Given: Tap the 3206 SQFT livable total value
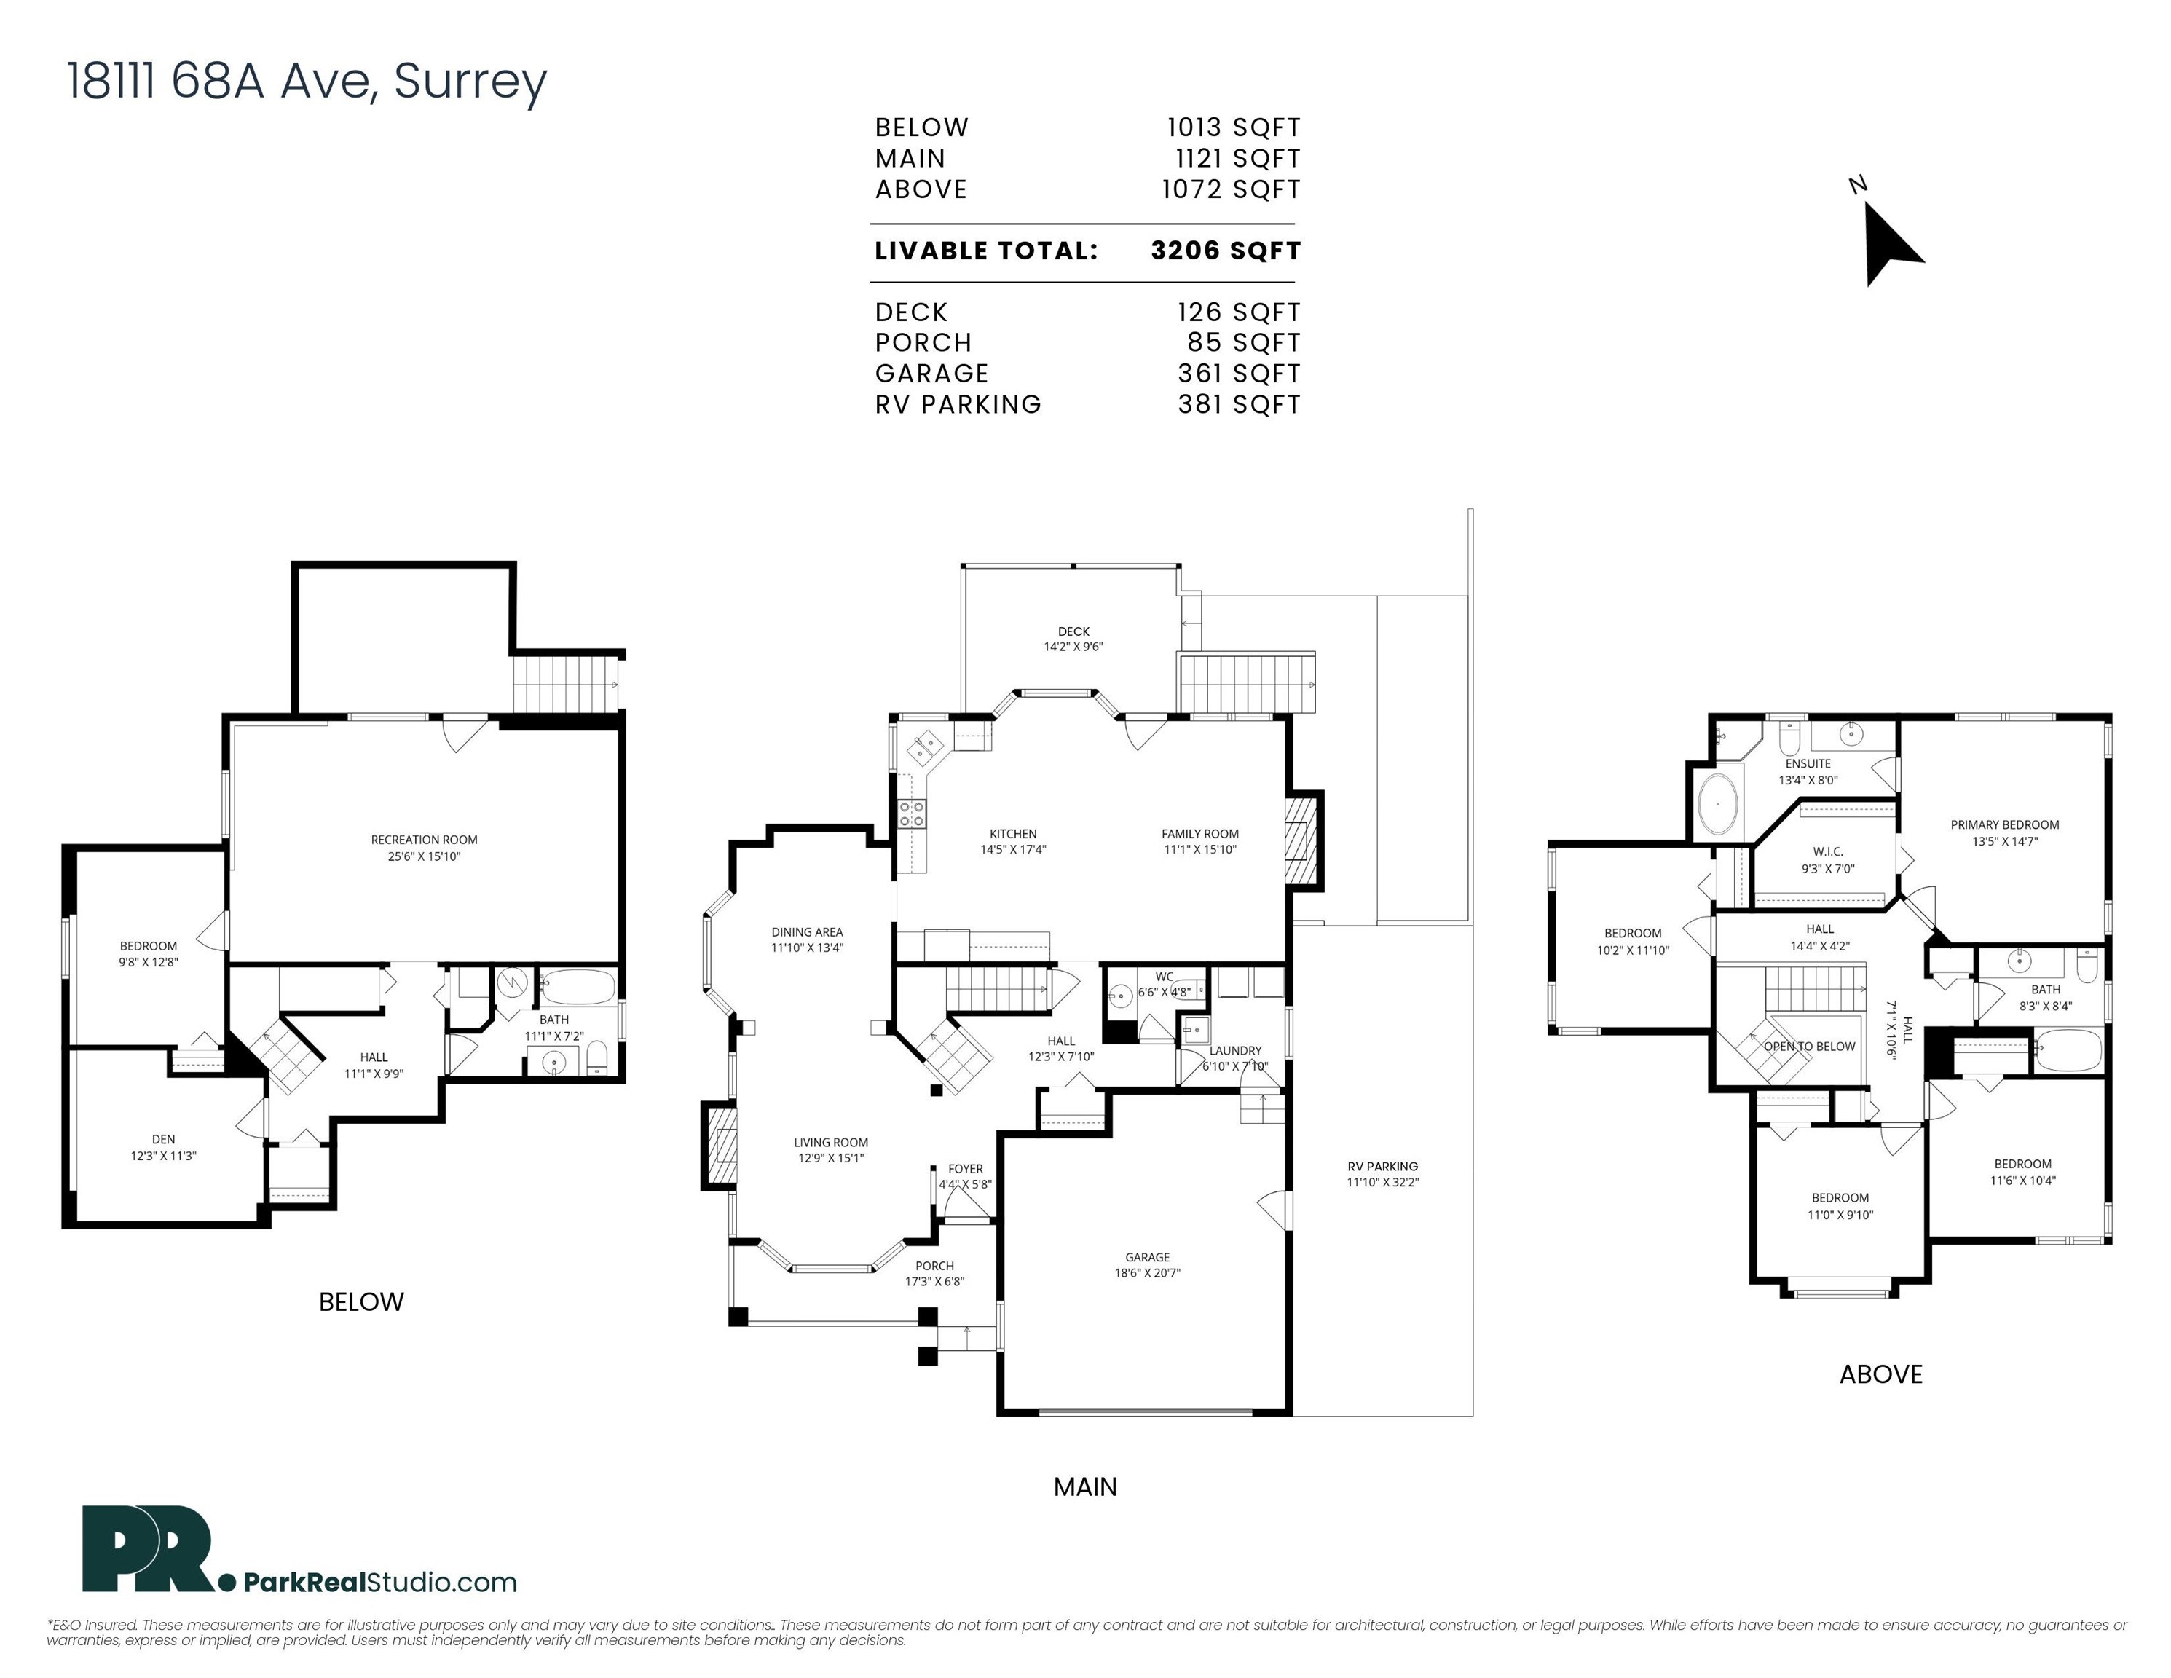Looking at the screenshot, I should (1225, 251).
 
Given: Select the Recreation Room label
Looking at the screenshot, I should (425, 840).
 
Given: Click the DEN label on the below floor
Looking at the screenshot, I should (163, 1139).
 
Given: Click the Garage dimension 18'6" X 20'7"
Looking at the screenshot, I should (1147, 1272).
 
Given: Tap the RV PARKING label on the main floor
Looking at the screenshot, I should (1383, 1166).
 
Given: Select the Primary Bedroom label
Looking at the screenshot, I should (2004, 824).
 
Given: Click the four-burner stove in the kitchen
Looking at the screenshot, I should (912, 814).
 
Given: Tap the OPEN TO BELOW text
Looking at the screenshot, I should (1809, 1046).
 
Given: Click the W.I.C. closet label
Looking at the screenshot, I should (1827, 852).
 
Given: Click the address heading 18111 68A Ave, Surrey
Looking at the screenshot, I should (307, 81).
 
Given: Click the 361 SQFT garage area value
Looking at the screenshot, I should (1239, 374).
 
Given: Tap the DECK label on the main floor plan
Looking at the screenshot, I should (1073, 631).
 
